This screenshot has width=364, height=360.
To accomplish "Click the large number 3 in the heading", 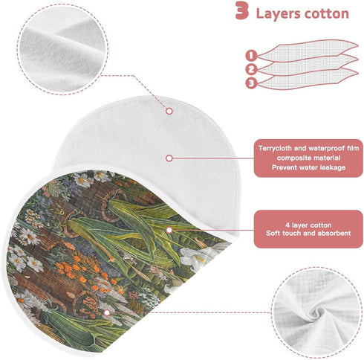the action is tap(241, 10).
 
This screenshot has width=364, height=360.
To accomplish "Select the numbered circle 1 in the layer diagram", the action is tap(251, 55).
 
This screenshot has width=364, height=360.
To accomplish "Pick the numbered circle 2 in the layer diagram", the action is tap(251, 69).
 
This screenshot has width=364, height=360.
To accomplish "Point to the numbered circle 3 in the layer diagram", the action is tap(251, 83).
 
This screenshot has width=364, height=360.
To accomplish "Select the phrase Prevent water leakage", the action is tap(308, 167).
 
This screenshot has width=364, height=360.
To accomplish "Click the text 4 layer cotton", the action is tap(308, 225).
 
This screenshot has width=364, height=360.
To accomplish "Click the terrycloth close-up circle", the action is tap(62, 49).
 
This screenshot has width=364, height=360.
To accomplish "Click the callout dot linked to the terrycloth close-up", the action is tap(169, 111).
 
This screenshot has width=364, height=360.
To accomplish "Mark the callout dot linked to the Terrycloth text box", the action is tap(169, 158).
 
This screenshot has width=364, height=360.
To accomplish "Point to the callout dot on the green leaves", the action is tap(169, 231).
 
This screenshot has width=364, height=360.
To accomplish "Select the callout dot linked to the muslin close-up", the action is tap(107, 313).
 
